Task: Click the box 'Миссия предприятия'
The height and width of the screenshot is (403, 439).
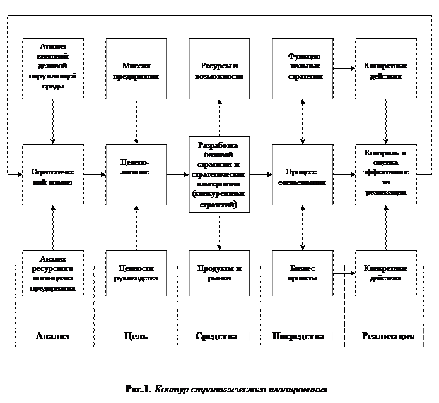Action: tap(136, 69)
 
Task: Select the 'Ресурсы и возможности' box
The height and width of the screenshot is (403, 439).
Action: tap(219, 69)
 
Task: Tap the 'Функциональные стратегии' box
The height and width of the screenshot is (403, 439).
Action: tap(302, 69)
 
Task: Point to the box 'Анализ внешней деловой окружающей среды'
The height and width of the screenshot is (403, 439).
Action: tap(52, 69)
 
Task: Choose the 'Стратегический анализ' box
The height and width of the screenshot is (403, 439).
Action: tap(52, 175)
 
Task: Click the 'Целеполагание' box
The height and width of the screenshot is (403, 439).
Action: tap(136, 175)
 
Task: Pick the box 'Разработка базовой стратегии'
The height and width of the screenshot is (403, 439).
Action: tap(219, 175)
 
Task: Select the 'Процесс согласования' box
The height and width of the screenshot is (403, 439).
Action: tap(302, 175)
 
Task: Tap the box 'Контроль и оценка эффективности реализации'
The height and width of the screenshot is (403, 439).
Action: tap(385, 175)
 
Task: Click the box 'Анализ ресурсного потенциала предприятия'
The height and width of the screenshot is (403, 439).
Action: tap(52, 274)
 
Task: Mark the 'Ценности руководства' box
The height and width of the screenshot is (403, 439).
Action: tap(136, 274)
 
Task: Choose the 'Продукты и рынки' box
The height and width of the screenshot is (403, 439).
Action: tap(219, 274)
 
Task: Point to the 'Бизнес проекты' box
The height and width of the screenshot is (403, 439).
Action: tap(302, 274)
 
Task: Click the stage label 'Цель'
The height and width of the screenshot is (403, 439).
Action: tap(136, 336)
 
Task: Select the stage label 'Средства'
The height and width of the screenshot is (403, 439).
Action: tap(216, 336)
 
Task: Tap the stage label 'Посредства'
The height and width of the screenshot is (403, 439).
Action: tap(298, 336)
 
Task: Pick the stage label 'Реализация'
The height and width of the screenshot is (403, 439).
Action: tap(388, 336)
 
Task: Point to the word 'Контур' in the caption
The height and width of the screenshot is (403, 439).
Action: tap(171, 390)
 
